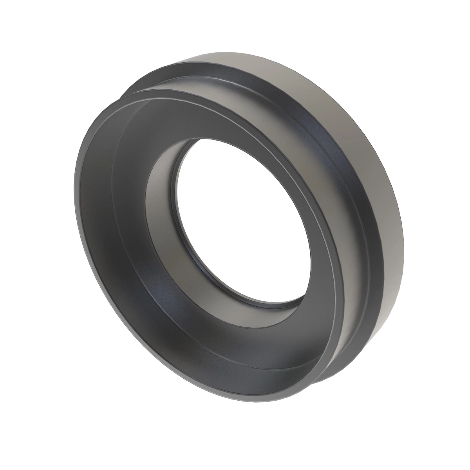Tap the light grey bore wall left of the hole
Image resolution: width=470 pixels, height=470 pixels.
click(x=161, y=196)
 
